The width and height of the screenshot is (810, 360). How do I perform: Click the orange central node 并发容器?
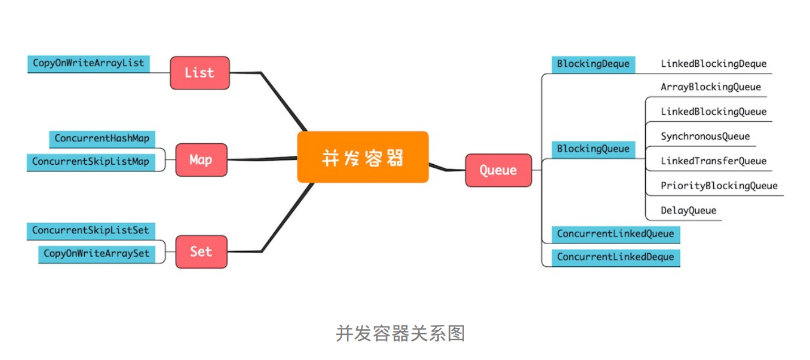click(363, 157)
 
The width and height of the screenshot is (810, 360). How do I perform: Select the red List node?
click(200, 73)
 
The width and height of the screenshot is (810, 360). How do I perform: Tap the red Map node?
click(201, 160)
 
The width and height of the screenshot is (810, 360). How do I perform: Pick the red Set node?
click(201, 251)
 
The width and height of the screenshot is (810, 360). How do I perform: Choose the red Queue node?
click(498, 170)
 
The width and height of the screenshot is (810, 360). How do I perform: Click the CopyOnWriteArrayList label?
click(88, 63)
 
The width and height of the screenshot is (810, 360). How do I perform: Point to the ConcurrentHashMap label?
click(102, 139)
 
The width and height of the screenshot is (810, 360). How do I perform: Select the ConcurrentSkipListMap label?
click(91, 162)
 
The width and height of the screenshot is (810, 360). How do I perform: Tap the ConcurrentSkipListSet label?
click(91, 230)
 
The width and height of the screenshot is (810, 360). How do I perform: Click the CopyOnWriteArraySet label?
click(96, 254)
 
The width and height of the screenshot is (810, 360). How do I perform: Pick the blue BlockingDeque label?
click(593, 64)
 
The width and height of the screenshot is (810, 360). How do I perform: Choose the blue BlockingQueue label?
click(593, 149)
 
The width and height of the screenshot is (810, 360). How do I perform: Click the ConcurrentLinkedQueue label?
click(615, 234)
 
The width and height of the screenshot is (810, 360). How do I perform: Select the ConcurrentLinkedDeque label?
click(615, 257)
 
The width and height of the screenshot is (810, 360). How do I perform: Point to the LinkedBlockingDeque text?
click(713, 64)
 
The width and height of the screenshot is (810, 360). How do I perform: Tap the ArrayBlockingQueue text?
click(711, 87)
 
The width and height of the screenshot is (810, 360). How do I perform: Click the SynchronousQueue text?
click(705, 137)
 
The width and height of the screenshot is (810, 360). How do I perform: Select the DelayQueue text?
click(688, 211)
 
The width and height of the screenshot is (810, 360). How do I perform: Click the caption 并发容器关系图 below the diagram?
click(400, 333)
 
